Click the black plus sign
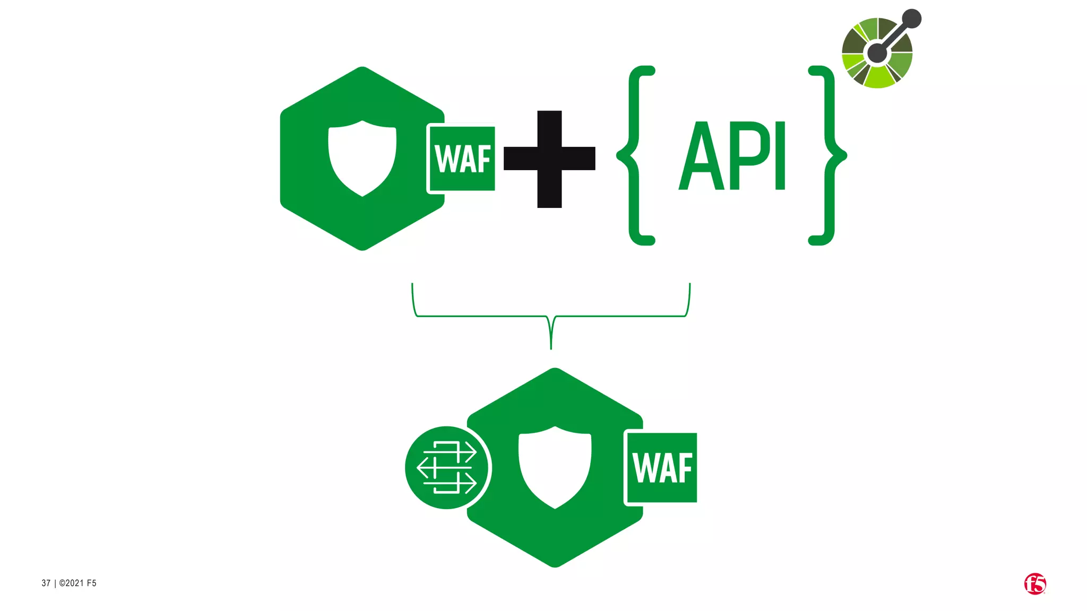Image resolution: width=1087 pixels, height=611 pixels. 549,159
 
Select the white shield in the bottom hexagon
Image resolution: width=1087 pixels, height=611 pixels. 555,467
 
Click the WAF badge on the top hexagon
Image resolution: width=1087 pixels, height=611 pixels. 462,158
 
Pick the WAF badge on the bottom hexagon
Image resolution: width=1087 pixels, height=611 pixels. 662,467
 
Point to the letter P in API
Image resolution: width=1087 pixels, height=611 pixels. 749,156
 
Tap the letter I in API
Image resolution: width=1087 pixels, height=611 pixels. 780,156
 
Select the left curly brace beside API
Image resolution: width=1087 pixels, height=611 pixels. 637,155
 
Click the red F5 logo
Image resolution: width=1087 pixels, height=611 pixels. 1034,584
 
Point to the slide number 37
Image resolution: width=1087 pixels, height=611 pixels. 46,583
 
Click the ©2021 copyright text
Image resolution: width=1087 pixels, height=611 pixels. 77,583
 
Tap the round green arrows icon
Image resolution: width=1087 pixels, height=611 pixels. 446,467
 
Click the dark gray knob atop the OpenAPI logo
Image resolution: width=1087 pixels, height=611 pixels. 911,19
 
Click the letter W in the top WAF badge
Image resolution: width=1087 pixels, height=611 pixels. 445,159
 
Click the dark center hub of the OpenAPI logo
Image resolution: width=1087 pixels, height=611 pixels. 877,53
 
